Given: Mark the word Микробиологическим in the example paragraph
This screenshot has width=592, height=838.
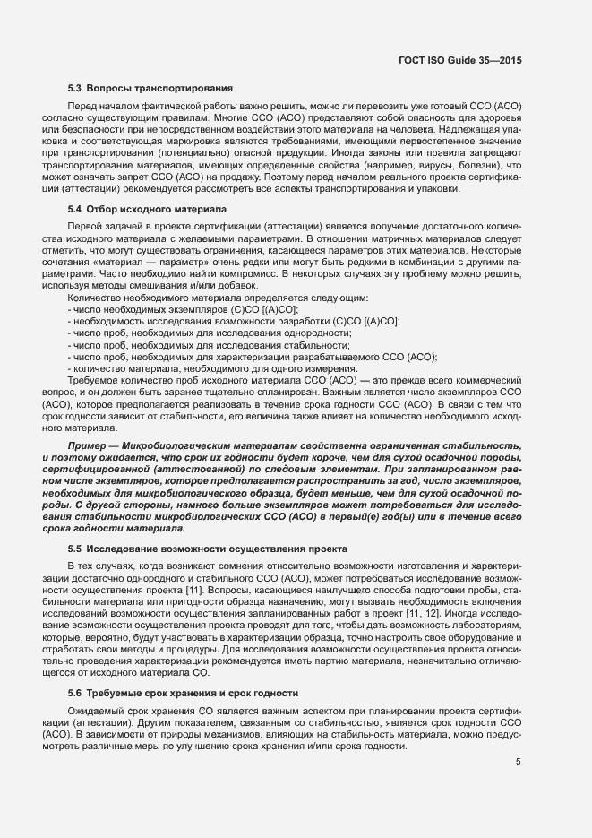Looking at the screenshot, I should (182, 445).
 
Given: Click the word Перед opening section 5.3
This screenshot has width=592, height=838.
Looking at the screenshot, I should (82, 106).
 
